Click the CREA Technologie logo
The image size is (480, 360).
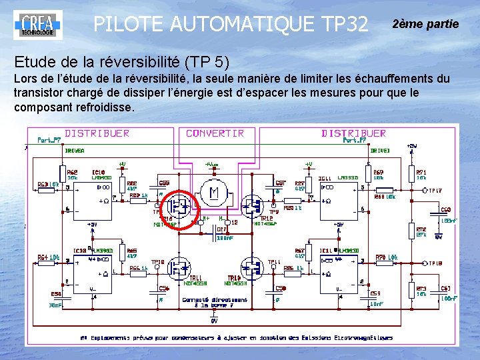coord(37,24)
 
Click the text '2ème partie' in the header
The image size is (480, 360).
coord(425,24)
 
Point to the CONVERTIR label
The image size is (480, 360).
coord(215,133)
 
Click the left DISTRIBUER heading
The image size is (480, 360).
coord(97,133)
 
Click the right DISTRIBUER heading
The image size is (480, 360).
coord(353,133)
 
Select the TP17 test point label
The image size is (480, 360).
coord(435,191)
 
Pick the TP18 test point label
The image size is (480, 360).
coord(435,263)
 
